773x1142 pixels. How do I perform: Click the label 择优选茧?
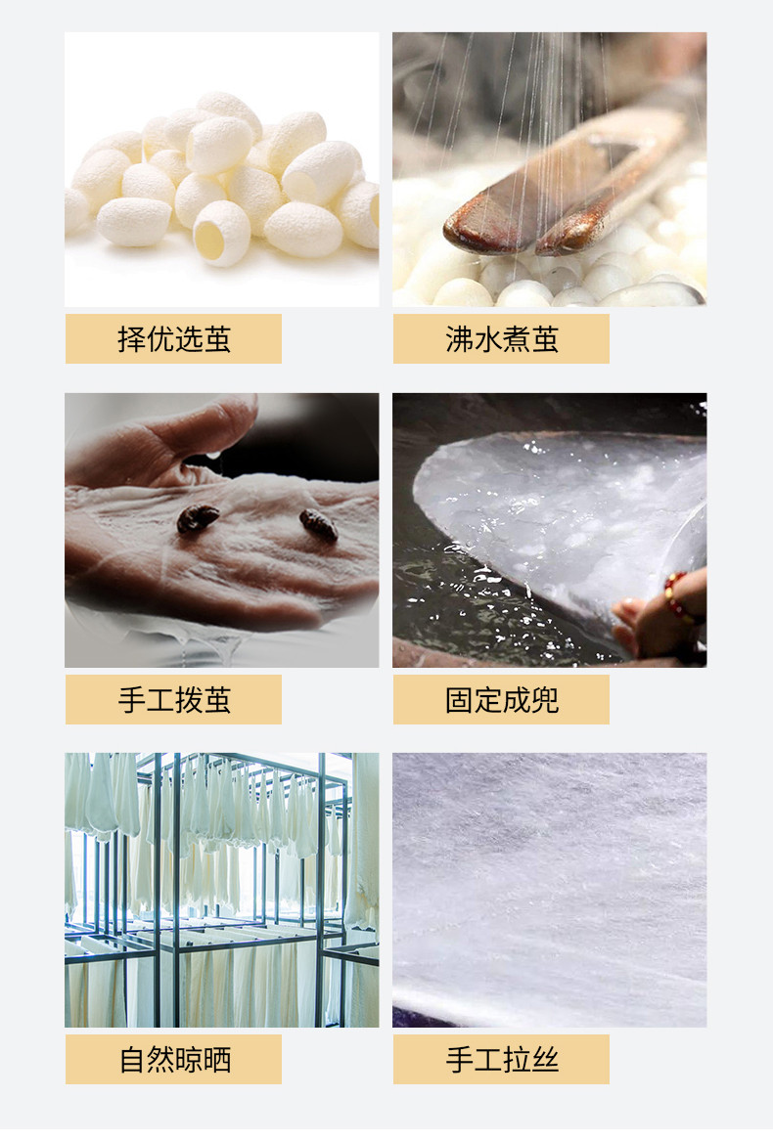click(174, 339)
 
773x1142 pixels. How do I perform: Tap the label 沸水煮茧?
click(502, 339)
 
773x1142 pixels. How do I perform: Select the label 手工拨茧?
click(174, 700)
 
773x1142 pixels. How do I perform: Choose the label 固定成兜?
click(502, 700)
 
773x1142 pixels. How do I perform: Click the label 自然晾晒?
click(175, 1060)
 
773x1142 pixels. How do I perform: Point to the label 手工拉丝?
click(502, 1060)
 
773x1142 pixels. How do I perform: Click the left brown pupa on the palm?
click(198, 518)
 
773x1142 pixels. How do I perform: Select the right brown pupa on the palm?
click(318, 524)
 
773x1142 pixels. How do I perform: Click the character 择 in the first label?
click(131, 339)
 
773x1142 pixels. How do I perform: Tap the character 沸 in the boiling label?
click(459, 339)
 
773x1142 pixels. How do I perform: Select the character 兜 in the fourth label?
click(545, 700)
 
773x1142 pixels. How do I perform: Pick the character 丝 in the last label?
click(545, 1060)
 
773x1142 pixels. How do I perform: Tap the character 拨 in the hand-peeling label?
click(189, 700)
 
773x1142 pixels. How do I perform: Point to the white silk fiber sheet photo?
click(549, 890)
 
